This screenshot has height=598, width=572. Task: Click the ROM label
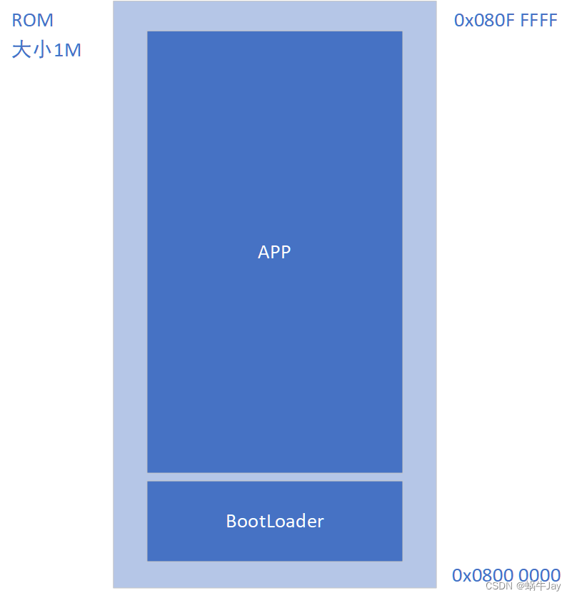pyautogui.click(x=33, y=20)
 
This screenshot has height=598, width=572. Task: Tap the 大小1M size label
pyautogui.click(x=46, y=50)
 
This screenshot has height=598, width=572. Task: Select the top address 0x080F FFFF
pyautogui.click(x=506, y=20)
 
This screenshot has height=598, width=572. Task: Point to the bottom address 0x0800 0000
pyautogui.click(x=506, y=575)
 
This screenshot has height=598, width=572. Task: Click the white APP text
pyautogui.click(x=274, y=252)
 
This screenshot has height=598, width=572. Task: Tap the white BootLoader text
pyautogui.click(x=275, y=521)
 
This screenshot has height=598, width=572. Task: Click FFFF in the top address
pyautogui.click(x=538, y=20)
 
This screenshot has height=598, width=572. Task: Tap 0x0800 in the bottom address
pyautogui.click(x=483, y=575)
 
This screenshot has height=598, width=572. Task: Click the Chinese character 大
pyautogui.click(x=21, y=50)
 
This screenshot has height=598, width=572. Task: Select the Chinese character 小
pyautogui.click(x=42, y=50)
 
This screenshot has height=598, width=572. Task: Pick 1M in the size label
pyautogui.click(x=68, y=51)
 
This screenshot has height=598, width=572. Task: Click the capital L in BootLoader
pyautogui.click(x=270, y=521)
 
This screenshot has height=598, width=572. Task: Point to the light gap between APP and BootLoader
pyautogui.click(x=275, y=477)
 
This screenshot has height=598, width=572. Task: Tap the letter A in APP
pyautogui.click(x=264, y=252)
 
